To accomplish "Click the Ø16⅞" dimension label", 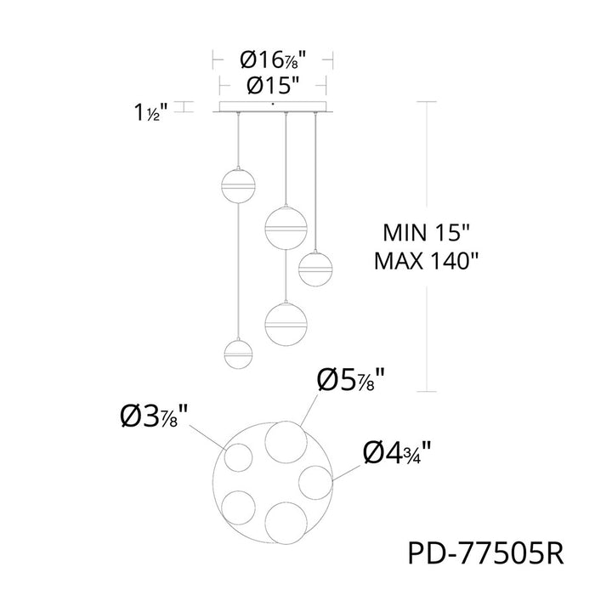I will tap(273, 59).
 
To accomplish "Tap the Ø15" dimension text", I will tap(273, 85).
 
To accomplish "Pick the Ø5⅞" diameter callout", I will tap(353, 378).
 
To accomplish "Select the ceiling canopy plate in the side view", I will tap(273, 107).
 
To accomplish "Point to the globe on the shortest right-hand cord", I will tap(314, 268).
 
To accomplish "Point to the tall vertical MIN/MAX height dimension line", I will tap(424, 246).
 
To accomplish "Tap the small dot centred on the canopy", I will tap(273, 104).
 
